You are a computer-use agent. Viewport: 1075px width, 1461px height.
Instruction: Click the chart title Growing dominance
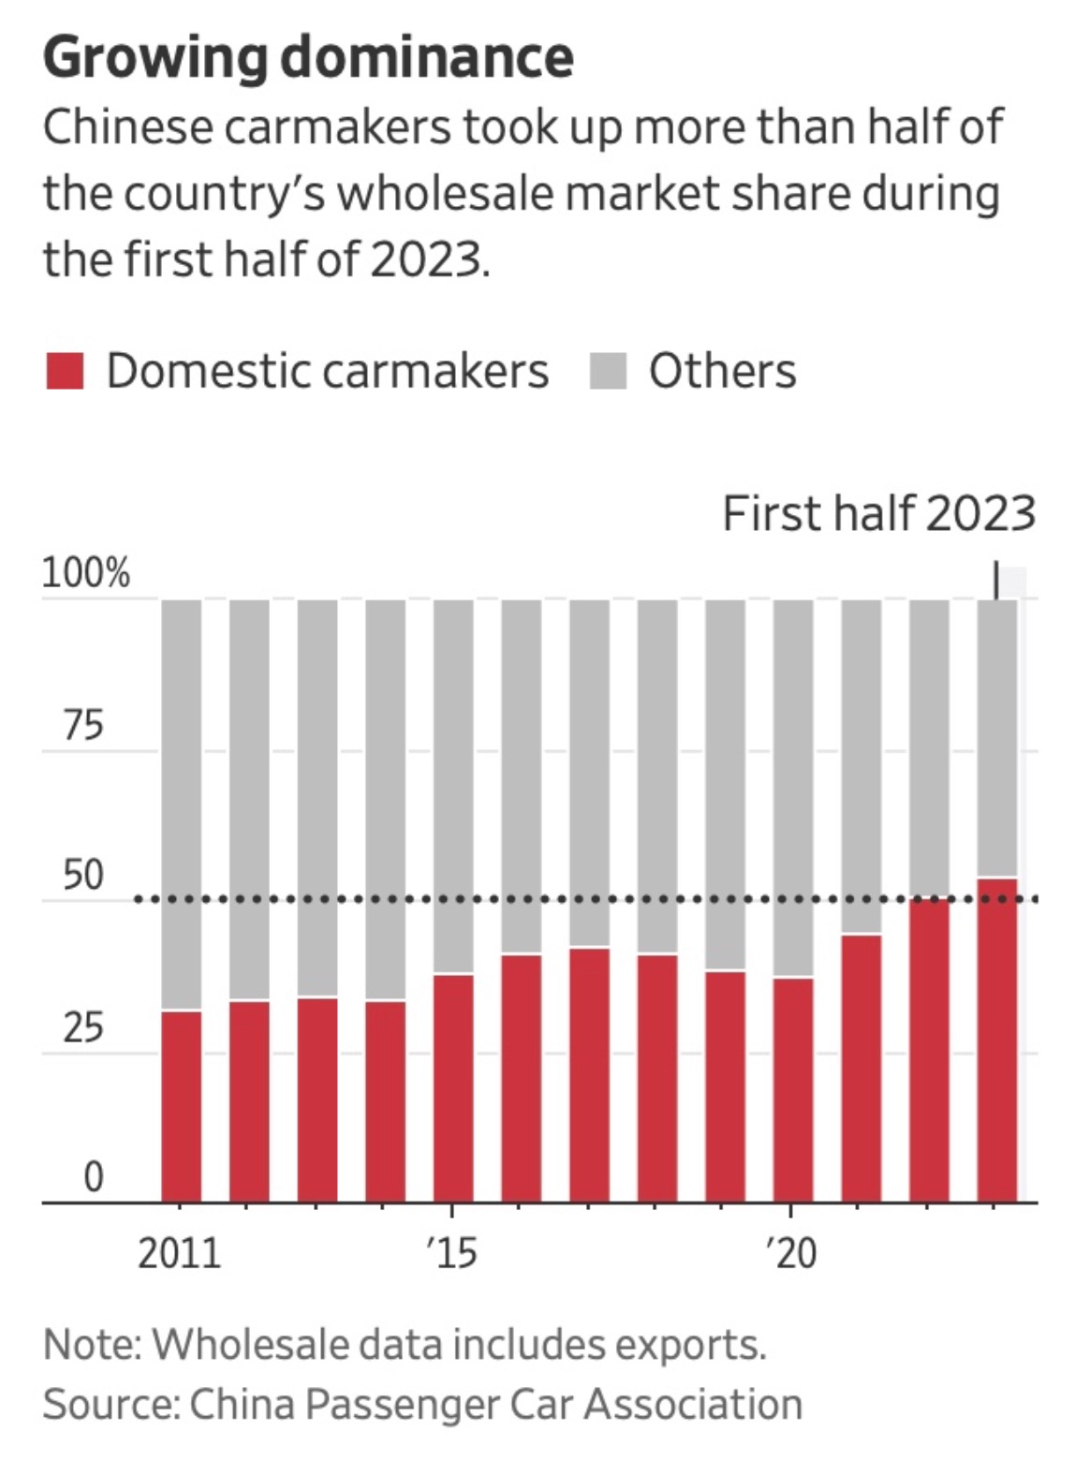tap(308, 58)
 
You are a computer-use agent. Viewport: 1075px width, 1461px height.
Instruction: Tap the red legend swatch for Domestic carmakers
tap(65, 371)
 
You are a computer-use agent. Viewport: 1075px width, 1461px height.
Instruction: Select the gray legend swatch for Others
tap(608, 371)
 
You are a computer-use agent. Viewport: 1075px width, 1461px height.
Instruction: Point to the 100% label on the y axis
tap(86, 572)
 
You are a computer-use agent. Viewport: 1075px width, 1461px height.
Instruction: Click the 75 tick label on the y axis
tap(83, 725)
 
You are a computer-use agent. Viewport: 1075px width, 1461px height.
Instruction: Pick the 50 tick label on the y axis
tap(83, 876)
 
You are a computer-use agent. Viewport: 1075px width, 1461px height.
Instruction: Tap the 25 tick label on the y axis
tap(83, 1027)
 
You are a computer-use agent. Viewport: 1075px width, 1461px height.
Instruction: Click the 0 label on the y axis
tap(93, 1177)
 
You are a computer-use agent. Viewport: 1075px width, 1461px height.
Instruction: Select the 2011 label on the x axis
tap(179, 1253)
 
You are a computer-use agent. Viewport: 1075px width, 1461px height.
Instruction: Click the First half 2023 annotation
tap(878, 513)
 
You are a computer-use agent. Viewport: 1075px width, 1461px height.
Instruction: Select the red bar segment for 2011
tap(181, 1106)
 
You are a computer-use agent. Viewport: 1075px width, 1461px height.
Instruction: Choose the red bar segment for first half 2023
tap(997, 1040)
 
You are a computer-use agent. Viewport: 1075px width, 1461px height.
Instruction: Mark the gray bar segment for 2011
tap(181, 804)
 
